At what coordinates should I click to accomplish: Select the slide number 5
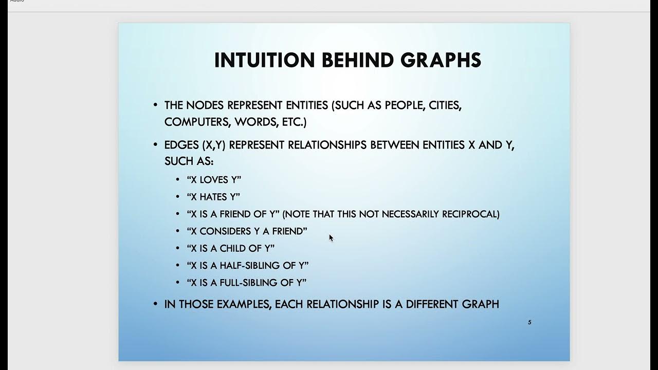point(529,322)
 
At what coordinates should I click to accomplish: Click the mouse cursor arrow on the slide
point(331,237)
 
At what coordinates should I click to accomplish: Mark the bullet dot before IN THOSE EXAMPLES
point(155,304)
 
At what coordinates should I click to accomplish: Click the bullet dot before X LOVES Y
point(178,179)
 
